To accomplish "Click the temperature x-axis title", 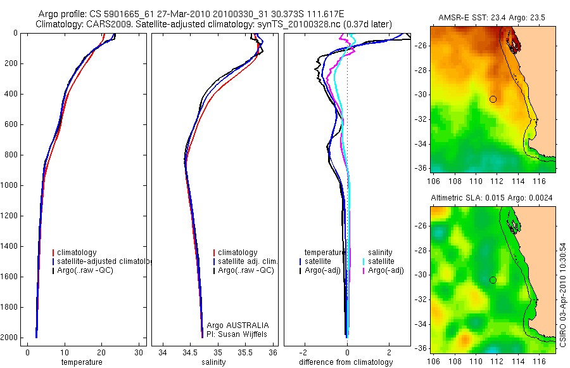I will tap(81, 362).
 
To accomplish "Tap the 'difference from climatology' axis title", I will tap(347, 362).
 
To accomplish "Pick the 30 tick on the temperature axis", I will tap(139, 352).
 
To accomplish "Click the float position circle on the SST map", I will tap(493, 99).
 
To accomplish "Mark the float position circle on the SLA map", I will tap(493, 280).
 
